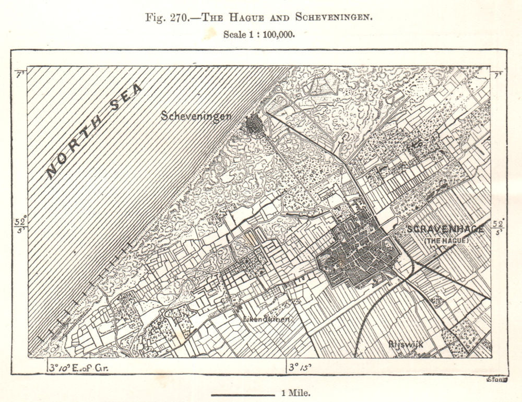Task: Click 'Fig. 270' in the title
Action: pos(170,16)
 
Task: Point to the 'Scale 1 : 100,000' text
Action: pos(258,34)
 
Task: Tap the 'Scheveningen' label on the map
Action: pos(196,116)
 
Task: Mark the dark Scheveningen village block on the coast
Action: pos(255,125)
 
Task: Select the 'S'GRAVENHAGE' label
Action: pos(445,229)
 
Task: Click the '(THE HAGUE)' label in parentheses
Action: pos(446,240)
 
